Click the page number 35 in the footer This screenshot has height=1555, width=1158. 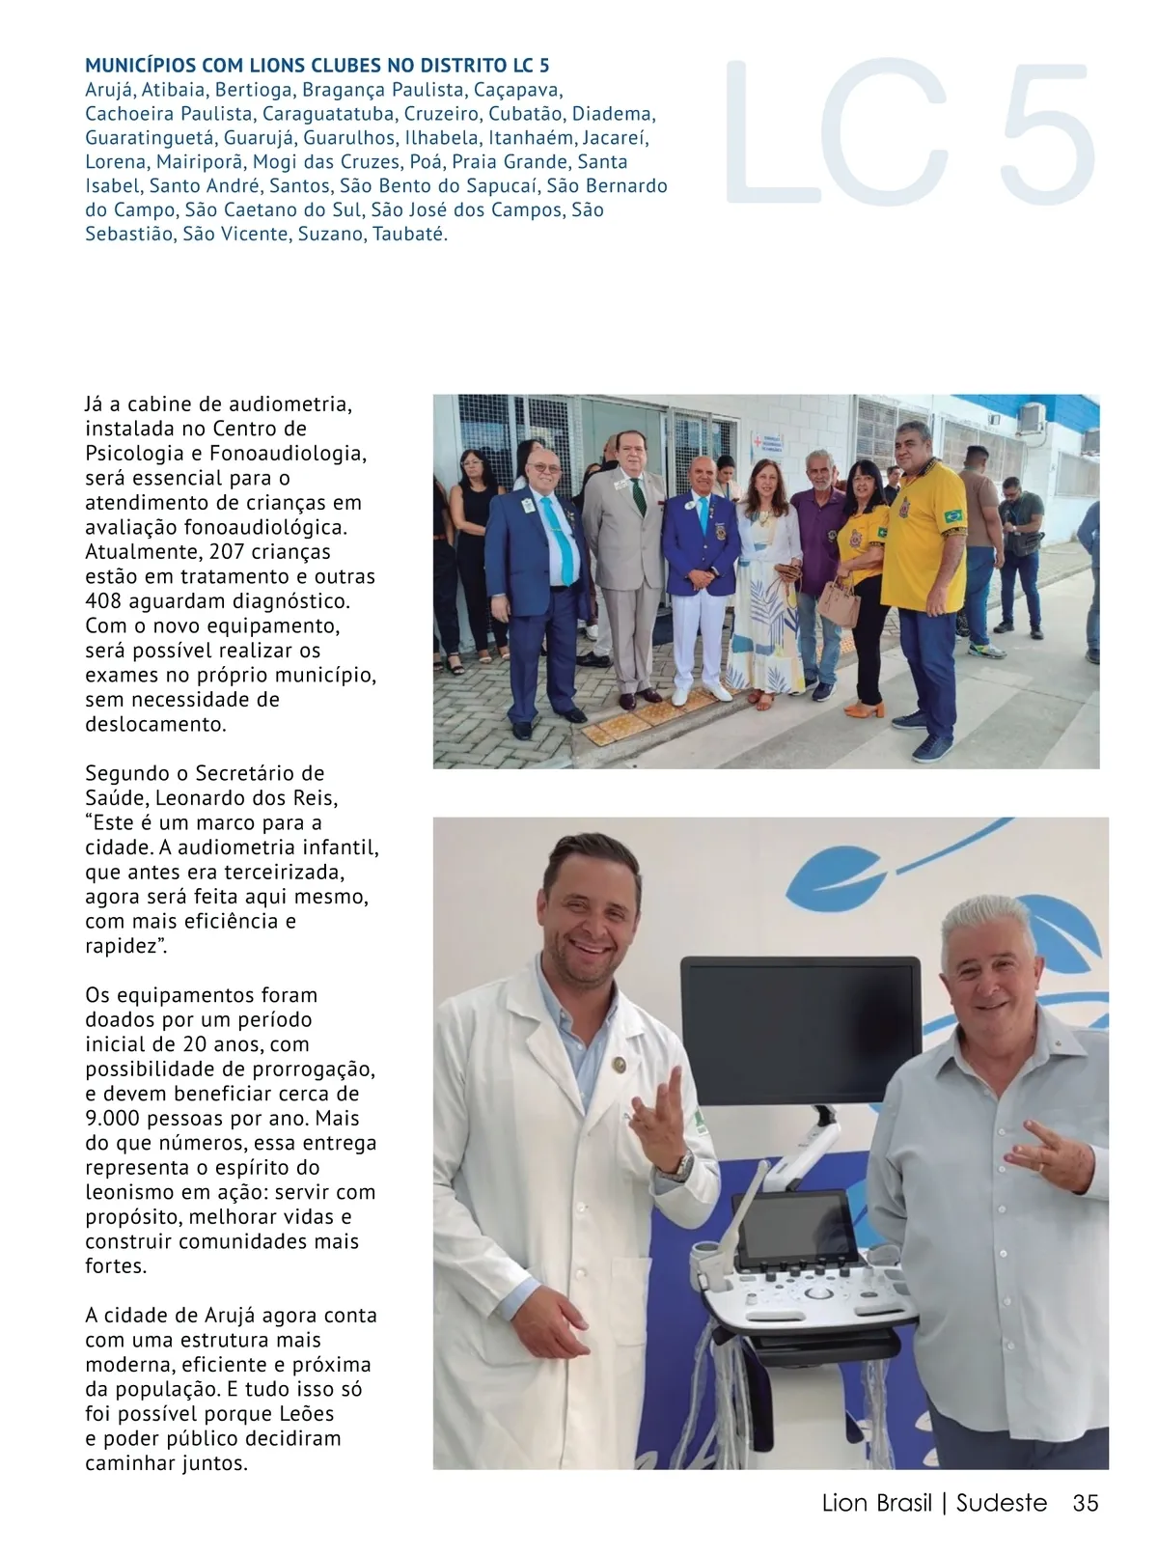point(1085,1503)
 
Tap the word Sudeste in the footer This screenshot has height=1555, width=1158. point(1001,1503)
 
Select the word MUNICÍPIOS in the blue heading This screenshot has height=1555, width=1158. point(139,66)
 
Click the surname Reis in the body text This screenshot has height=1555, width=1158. point(317,798)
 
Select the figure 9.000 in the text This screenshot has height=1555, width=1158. point(112,1119)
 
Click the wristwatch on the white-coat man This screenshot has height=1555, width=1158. point(683,1166)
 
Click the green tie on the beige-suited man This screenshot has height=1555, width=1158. point(638,493)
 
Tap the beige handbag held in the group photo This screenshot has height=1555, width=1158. point(839,604)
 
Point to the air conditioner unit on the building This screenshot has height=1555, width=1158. point(1033,417)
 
